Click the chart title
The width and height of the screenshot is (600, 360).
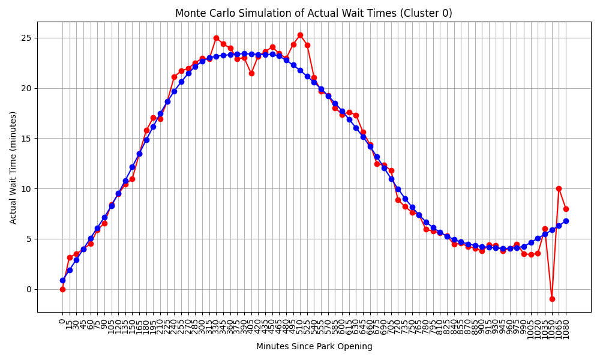[314, 13]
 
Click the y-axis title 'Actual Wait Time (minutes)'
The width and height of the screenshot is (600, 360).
[13, 167]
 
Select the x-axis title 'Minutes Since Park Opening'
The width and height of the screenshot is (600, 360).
[314, 346]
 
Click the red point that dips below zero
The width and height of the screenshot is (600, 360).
[552, 299]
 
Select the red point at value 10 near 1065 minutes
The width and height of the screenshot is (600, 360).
[559, 188]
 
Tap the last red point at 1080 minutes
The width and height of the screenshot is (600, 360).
[566, 209]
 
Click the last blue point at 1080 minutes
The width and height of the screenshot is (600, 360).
[566, 221]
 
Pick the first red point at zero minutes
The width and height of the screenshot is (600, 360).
[62, 289]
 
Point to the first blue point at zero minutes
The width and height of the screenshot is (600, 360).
[62, 280]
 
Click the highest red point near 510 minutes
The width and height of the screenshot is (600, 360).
[300, 35]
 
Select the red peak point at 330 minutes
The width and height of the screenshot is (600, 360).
[216, 38]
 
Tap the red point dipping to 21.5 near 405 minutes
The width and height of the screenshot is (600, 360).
[251, 73]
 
